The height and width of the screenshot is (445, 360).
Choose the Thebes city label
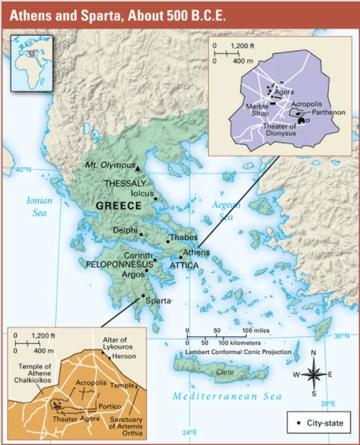point(183,239)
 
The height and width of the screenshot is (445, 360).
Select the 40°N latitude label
point(24,170)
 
